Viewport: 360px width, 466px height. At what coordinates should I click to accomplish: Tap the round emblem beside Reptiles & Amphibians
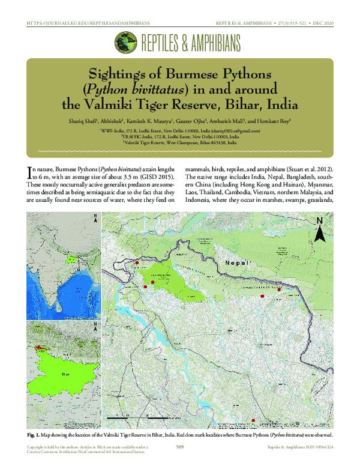coord(125,43)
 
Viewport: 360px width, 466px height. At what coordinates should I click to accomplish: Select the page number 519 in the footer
coord(180,447)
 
